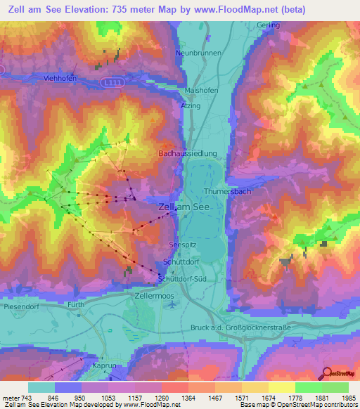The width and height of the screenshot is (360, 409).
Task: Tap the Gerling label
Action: tap(269, 25)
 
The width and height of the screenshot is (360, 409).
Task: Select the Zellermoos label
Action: tap(153, 297)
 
